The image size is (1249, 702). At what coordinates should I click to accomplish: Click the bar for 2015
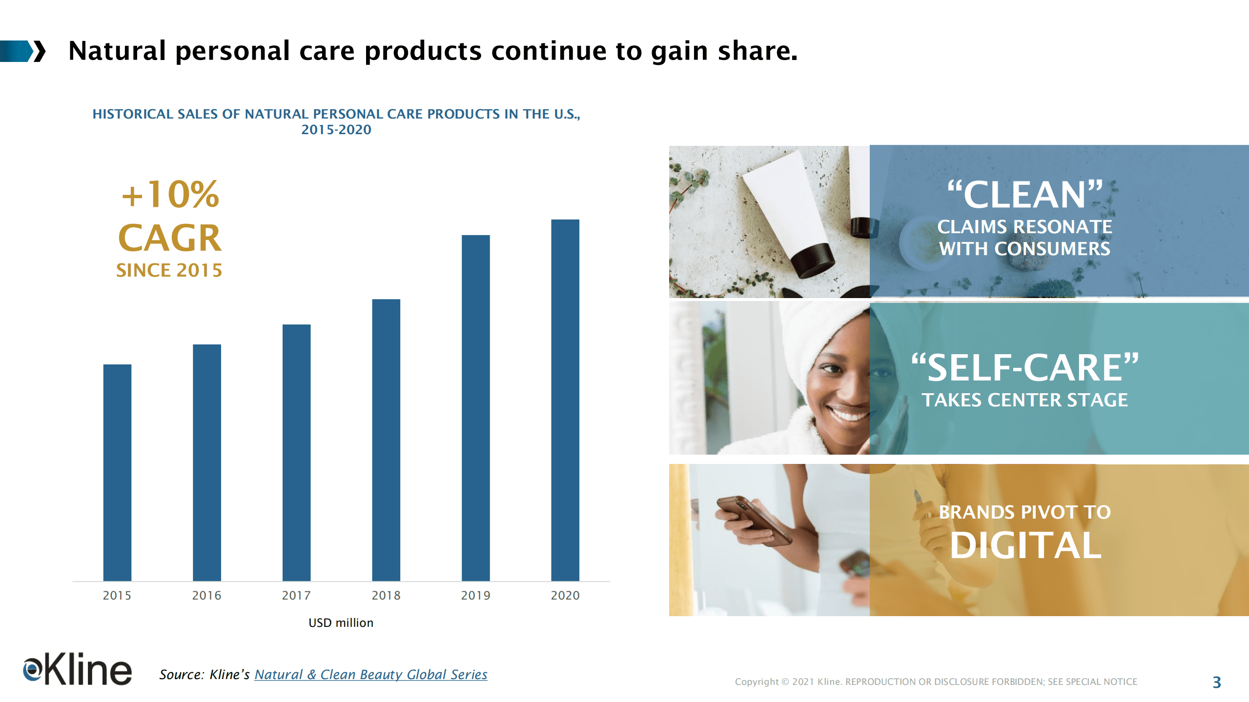pyautogui.click(x=117, y=472)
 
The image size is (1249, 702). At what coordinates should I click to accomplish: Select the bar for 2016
pyautogui.click(x=207, y=462)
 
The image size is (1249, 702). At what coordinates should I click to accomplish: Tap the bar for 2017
pyautogui.click(x=296, y=453)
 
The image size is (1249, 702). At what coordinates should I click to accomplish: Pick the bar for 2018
pyautogui.click(x=386, y=440)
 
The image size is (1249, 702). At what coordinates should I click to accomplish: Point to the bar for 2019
pyautogui.click(x=476, y=408)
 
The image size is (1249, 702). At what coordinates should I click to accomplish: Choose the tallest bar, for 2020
pyautogui.click(x=565, y=400)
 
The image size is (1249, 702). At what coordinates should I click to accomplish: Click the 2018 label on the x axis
pyautogui.click(x=386, y=596)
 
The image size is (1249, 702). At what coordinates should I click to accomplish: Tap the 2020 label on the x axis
pyautogui.click(x=565, y=596)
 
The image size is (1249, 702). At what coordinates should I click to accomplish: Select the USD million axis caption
pyautogui.click(x=341, y=623)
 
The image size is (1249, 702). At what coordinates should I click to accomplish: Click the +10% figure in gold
pyautogui.click(x=170, y=194)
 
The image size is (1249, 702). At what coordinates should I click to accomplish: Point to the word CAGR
pyautogui.click(x=170, y=238)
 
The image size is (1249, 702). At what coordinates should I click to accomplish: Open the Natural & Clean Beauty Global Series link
pyautogui.click(x=371, y=675)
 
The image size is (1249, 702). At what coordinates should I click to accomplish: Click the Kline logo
pyautogui.click(x=77, y=669)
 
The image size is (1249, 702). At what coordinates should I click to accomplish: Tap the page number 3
pyautogui.click(x=1217, y=682)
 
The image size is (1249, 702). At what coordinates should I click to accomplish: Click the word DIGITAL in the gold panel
pyautogui.click(x=1025, y=545)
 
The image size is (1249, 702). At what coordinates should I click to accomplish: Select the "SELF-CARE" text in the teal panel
pyautogui.click(x=1025, y=368)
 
